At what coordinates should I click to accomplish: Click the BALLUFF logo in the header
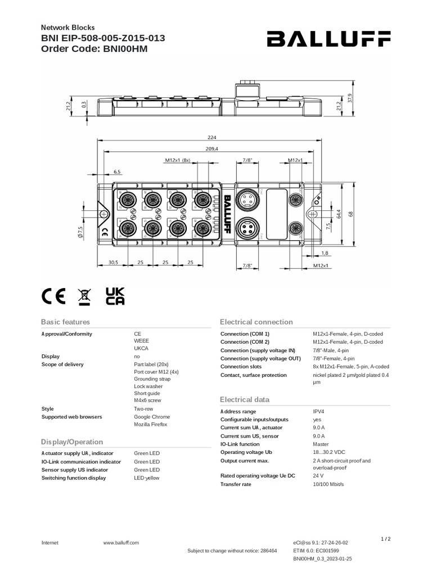pos(328,39)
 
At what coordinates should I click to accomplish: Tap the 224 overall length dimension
pos(211,137)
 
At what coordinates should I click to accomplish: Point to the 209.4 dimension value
pos(211,149)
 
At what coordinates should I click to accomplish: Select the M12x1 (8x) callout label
pos(178,160)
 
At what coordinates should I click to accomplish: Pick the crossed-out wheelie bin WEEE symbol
pos(84,296)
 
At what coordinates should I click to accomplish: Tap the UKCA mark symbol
pos(115,296)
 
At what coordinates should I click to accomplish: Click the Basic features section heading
pos(65,322)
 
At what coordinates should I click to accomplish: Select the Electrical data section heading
pos(245,399)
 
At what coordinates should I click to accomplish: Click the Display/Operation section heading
pos(73,442)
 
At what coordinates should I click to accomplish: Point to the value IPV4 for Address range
pos(318,411)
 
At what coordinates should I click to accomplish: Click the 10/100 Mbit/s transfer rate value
pos(328,484)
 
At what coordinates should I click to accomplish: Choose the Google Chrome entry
pos(152,417)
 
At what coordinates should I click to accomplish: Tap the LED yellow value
pos(147,478)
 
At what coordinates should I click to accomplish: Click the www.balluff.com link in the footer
pos(121,543)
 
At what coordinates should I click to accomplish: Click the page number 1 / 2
pos(386,539)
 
